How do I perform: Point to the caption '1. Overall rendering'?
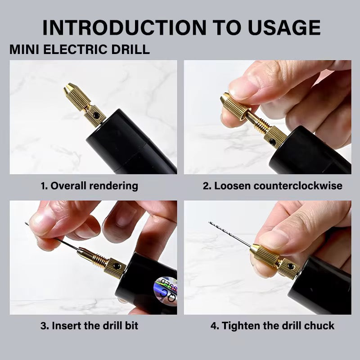pos(90,186)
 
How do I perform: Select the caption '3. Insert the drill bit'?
pos(89,325)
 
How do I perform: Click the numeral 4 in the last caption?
pos(214,325)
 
